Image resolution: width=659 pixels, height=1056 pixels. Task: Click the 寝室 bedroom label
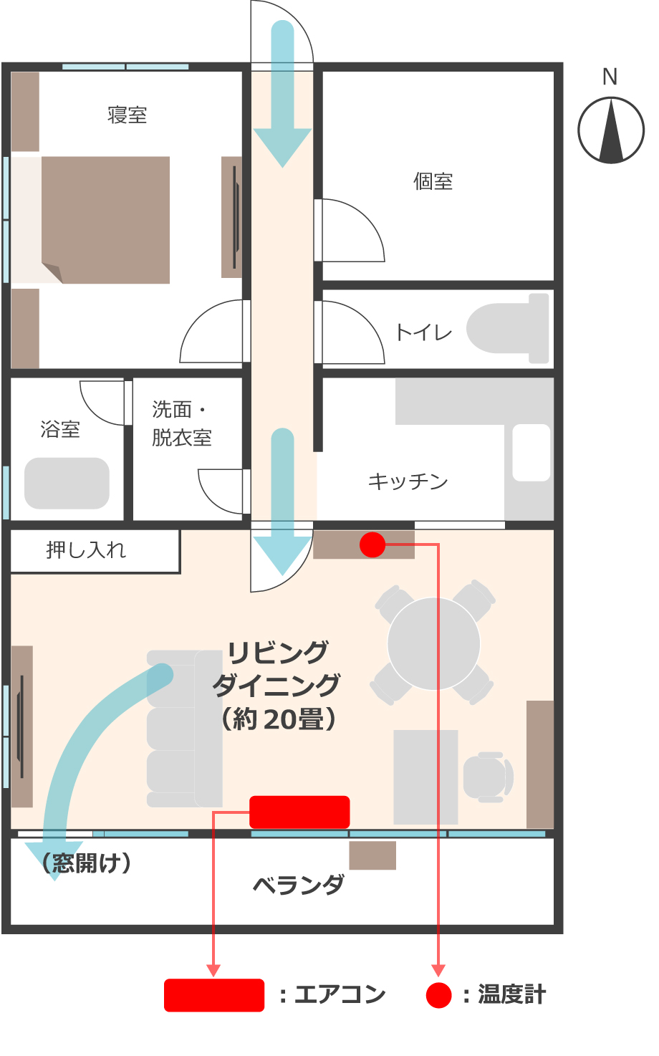[x=128, y=115]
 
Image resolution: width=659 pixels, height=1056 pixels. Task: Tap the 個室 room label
[x=433, y=181]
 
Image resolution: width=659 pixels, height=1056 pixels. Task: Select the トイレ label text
[x=424, y=333]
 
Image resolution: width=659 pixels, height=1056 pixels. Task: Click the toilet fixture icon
[x=508, y=329]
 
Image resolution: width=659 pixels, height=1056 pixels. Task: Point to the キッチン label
[x=408, y=481]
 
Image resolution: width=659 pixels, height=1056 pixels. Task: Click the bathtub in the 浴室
[x=67, y=483]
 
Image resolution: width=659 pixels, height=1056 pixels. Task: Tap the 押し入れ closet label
[x=86, y=550]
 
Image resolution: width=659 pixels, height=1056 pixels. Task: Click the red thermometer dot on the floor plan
[x=372, y=545]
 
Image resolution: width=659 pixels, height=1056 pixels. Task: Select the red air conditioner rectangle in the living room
[x=299, y=812]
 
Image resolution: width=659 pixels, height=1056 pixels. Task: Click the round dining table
[x=433, y=644]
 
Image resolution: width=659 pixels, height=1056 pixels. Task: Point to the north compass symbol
[x=611, y=130]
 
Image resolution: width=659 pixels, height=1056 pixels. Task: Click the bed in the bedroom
[x=105, y=220]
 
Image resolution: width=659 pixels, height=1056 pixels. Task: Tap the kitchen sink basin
[x=531, y=453]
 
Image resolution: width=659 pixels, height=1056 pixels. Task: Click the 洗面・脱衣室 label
[x=181, y=424]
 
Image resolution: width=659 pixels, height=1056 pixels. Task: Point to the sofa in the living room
[x=184, y=729]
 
